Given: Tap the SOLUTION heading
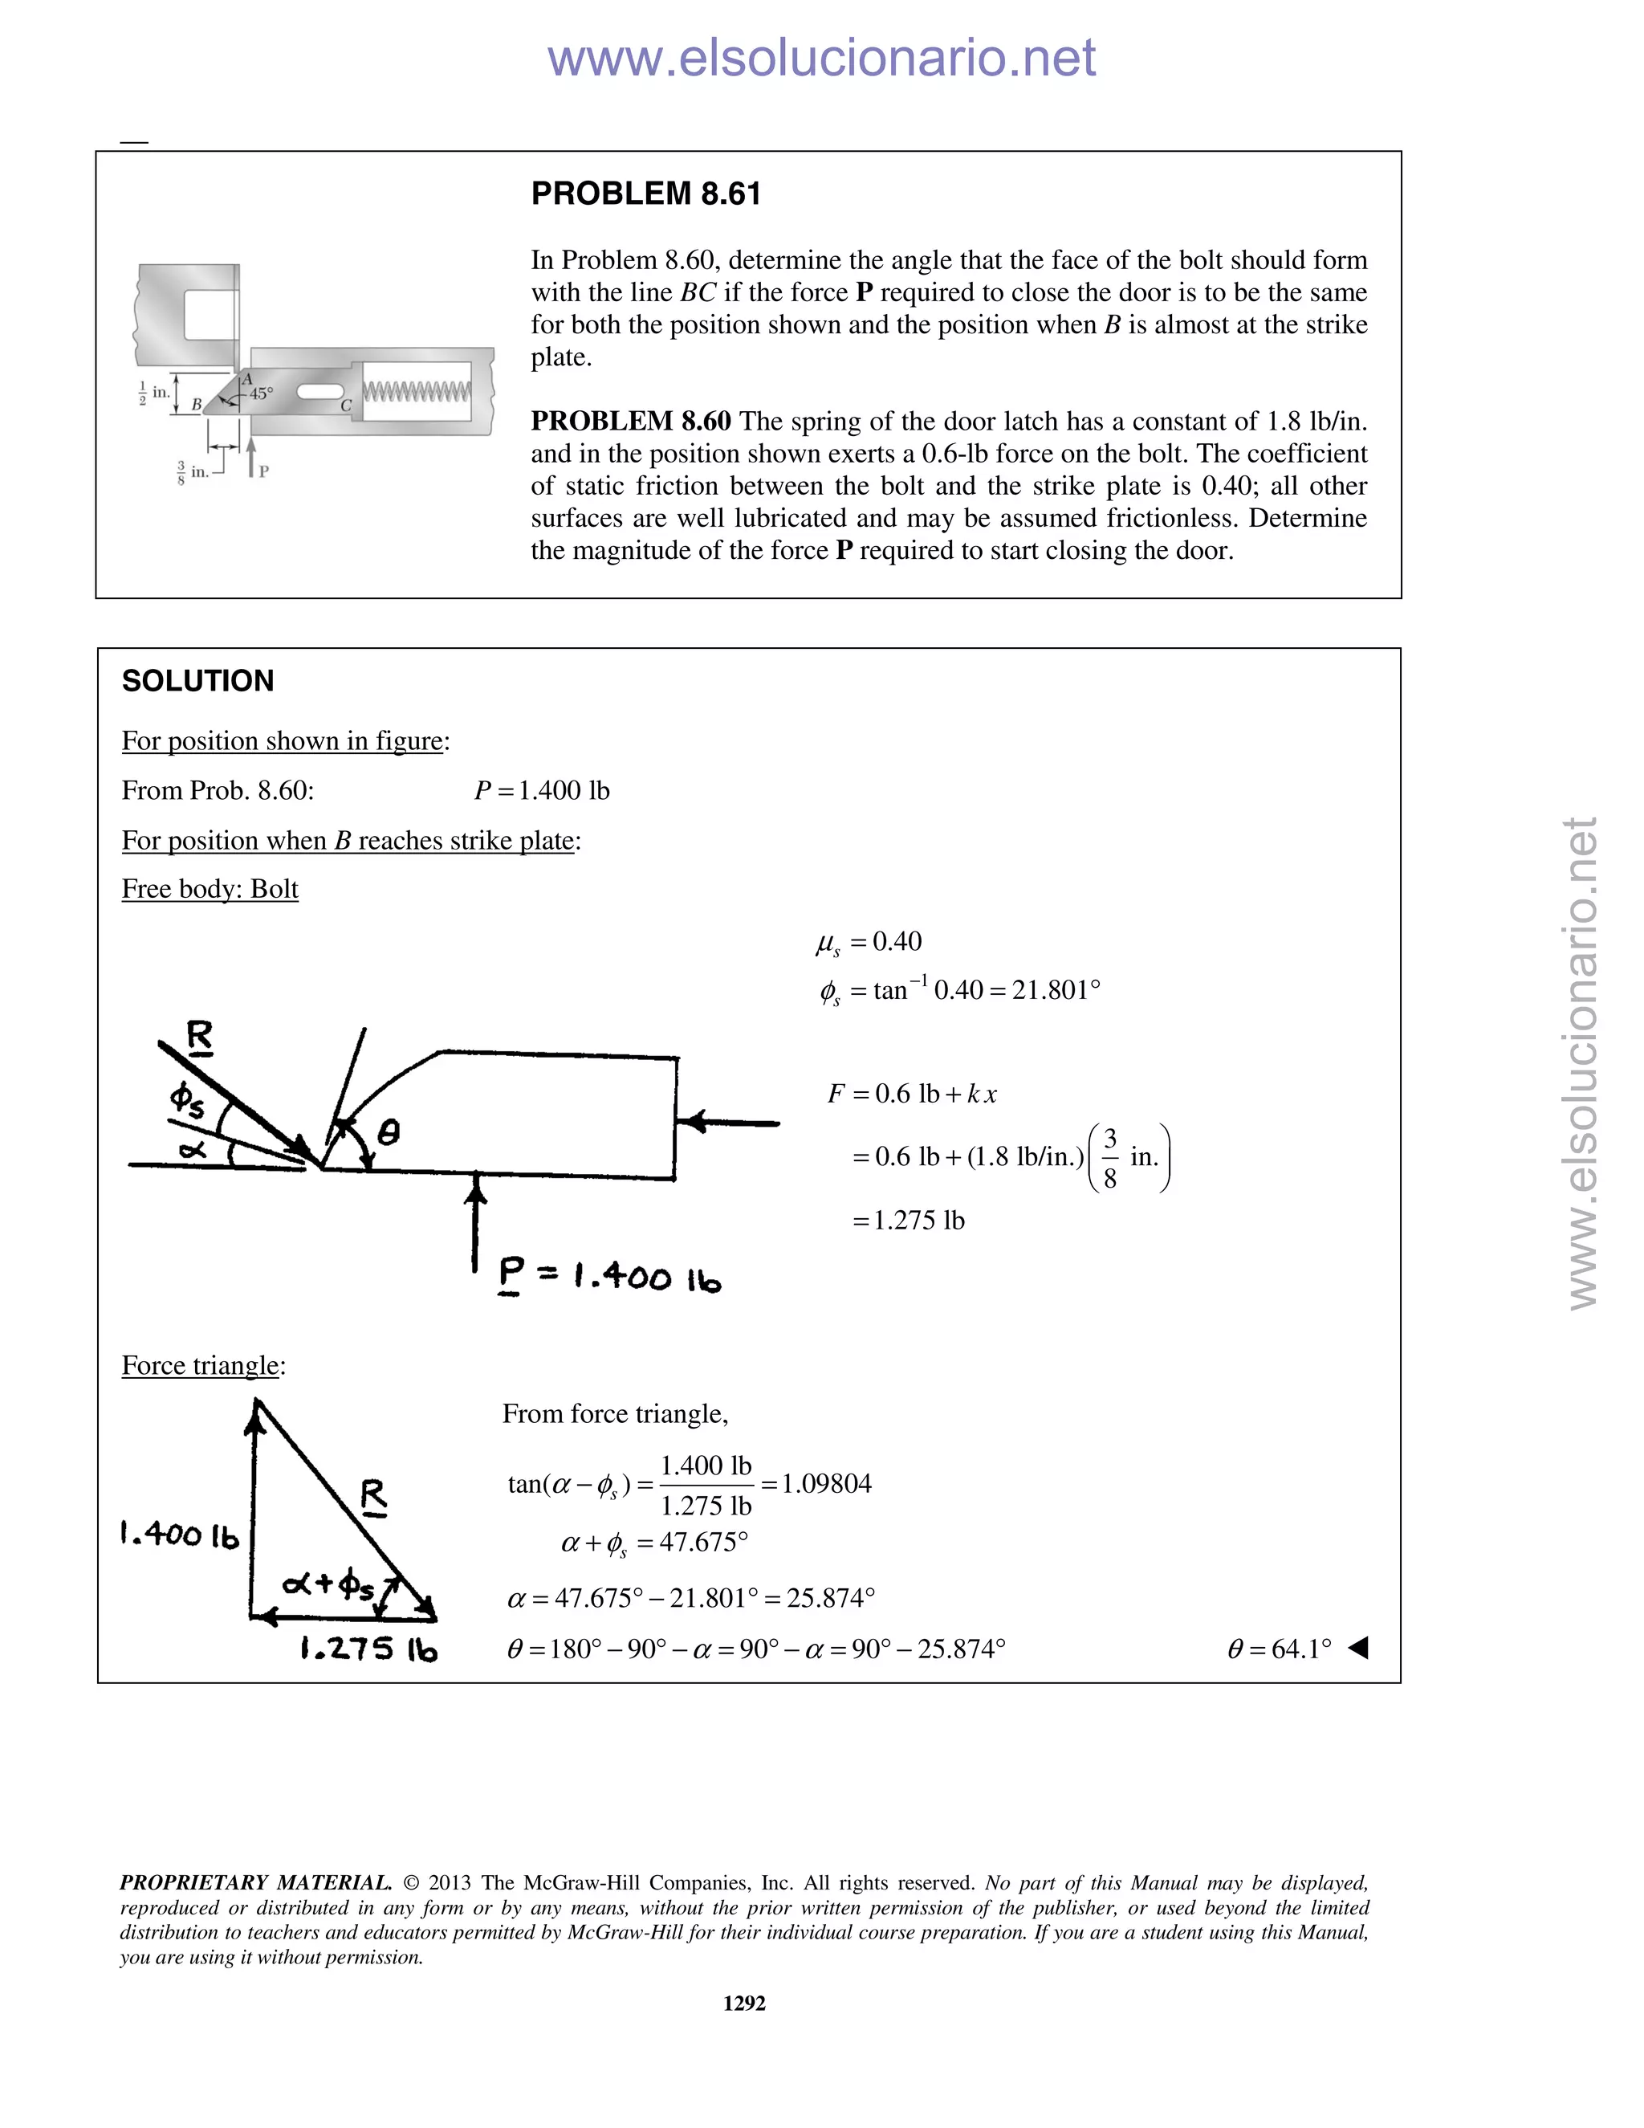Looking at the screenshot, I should pos(197,681).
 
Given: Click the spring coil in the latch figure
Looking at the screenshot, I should pos(417,392).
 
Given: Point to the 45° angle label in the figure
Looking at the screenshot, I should pos(261,394).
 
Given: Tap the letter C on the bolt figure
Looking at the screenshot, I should pos(346,406).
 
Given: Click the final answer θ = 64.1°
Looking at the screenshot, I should pos(1279,1649).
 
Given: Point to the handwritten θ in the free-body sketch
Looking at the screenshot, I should pos(388,1133).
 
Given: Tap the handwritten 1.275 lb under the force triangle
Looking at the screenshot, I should pos(368,1649).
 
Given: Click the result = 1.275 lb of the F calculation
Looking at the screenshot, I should pos(909,1221).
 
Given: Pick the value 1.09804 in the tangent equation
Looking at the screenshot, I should pos(826,1484).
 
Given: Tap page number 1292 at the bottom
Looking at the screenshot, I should pos(744,2004).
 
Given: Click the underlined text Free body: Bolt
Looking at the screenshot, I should pos(210,889).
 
